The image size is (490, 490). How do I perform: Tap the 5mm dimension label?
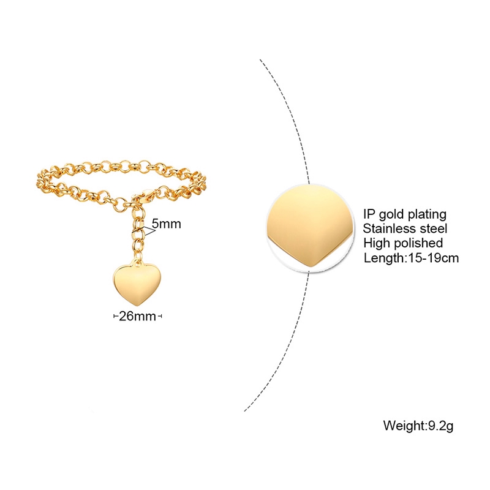click(x=167, y=224)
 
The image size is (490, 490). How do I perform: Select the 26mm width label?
click(x=138, y=316)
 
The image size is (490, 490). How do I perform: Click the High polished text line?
click(x=403, y=244)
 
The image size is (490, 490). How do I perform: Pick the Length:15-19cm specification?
click(x=411, y=258)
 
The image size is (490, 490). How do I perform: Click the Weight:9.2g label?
click(x=418, y=424)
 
